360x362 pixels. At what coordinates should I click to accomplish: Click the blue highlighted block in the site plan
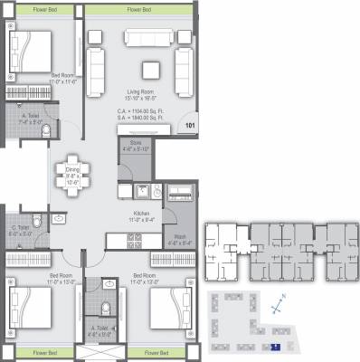coord(276,346)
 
